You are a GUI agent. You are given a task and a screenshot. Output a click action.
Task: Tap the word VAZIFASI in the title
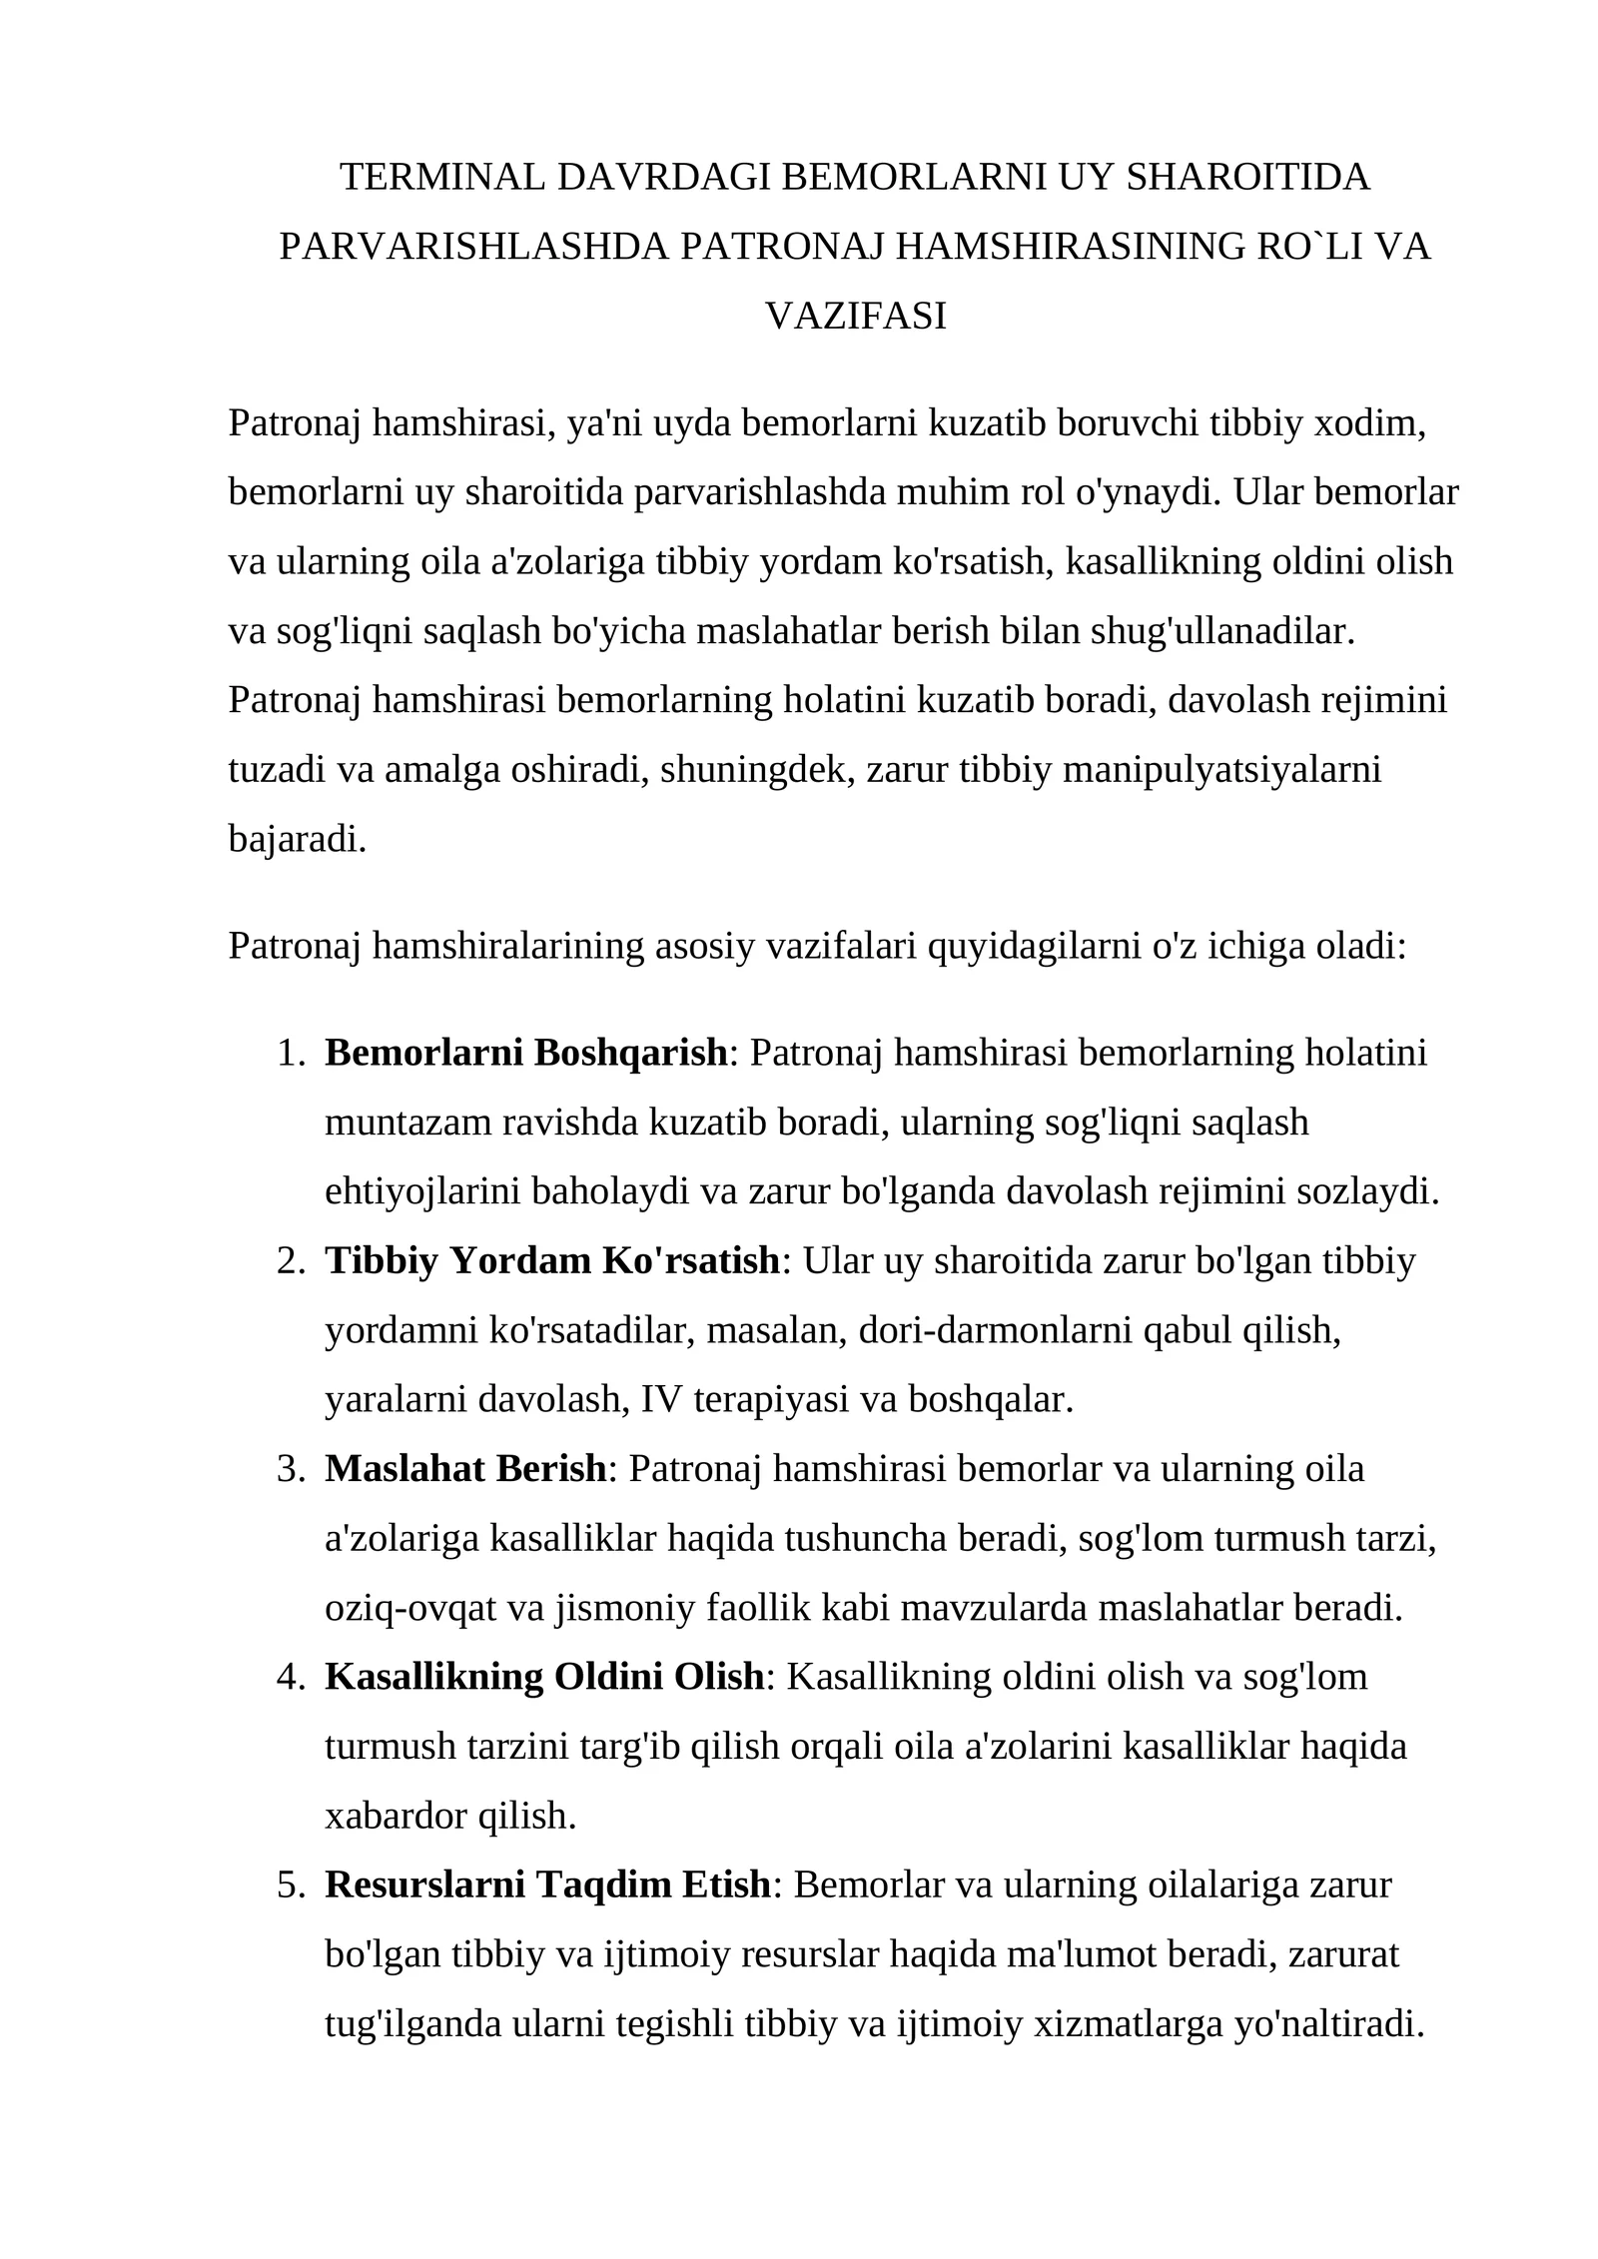[855, 317]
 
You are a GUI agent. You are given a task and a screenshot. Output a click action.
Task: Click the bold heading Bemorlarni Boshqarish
[526, 1053]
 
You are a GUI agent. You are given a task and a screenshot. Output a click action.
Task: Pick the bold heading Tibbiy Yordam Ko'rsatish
[551, 1261]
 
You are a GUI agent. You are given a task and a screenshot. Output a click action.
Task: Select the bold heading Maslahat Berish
[465, 1469]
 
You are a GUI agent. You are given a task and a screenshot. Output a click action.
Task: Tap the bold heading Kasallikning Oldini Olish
[544, 1677]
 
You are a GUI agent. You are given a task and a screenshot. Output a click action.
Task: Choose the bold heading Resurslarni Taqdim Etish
[547, 1884]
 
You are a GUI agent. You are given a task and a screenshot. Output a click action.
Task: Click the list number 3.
[290, 1469]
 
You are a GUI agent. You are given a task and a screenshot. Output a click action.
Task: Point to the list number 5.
[290, 1884]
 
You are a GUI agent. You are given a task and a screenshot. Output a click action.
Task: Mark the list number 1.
[290, 1053]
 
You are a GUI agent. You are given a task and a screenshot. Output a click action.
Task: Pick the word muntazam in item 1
[407, 1123]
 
